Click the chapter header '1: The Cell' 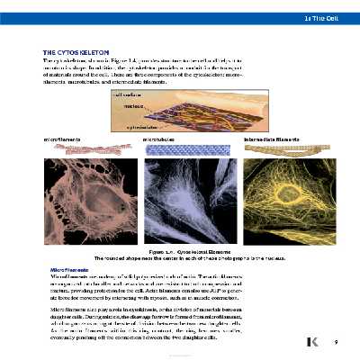319,17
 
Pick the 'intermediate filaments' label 274,140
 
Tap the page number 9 334,341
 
